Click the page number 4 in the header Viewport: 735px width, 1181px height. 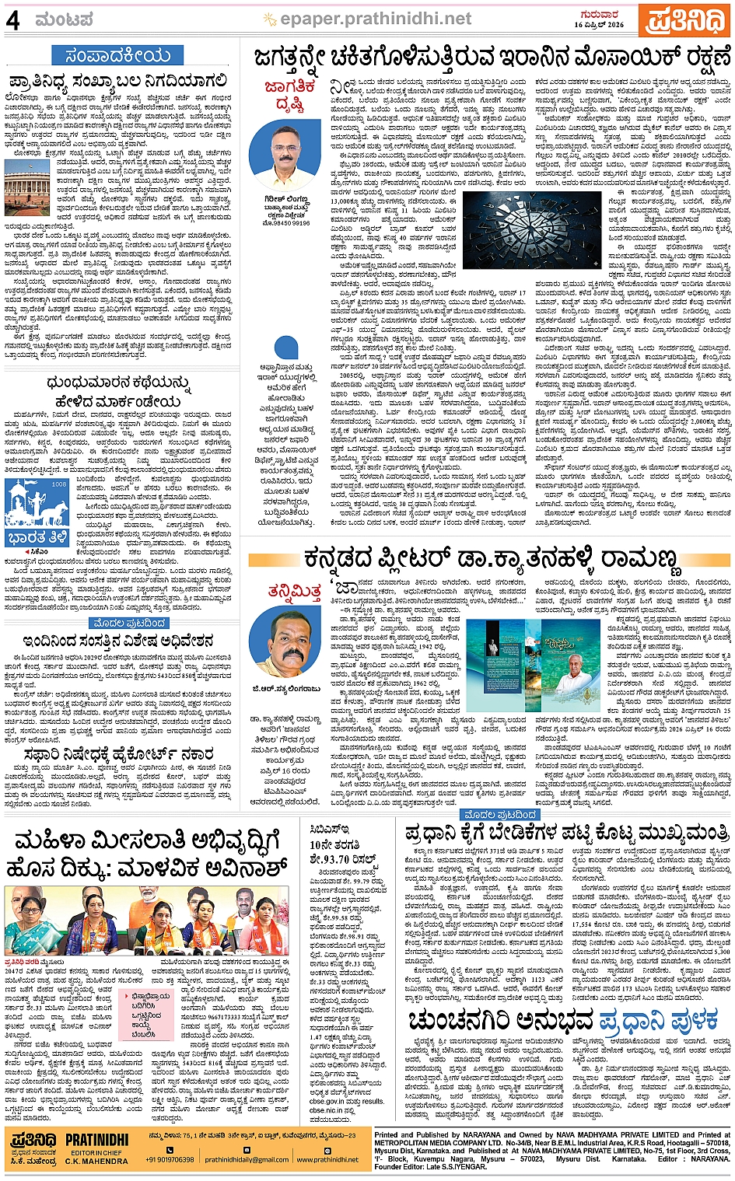(13, 21)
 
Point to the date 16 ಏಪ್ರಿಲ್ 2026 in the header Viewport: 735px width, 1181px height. (599, 25)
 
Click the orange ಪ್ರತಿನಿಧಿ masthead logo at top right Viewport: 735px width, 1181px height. (684, 20)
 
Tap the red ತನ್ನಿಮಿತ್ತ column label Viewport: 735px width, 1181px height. (293, 592)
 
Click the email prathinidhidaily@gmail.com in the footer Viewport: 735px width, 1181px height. (247, 1159)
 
